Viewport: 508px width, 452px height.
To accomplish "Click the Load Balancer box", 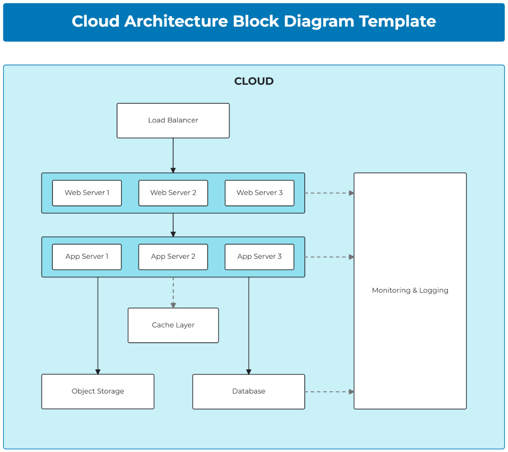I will click(x=173, y=121).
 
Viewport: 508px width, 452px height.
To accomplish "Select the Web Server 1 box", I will click(x=87, y=193).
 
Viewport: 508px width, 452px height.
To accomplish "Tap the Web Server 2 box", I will click(x=173, y=193).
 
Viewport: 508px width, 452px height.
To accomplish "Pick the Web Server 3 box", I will click(x=260, y=193).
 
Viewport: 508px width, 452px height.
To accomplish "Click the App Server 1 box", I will click(x=87, y=257).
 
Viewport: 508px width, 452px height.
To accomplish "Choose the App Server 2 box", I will click(x=173, y=257).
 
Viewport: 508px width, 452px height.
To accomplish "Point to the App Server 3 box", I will click(x=260, y=257).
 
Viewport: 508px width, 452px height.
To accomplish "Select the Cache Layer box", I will click(x=173, y=325).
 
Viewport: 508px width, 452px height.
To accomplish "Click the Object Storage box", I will click(x=98, y=391).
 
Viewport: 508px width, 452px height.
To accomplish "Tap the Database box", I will click(x=248, y=391).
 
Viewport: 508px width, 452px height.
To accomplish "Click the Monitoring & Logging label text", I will click(x=410, y=291).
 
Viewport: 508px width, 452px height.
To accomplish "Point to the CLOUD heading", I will click(x=254, y=81).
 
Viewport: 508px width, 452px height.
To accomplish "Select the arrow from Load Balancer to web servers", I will click(x=173, y=155).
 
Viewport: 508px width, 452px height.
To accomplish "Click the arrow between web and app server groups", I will click(x=173, y=225).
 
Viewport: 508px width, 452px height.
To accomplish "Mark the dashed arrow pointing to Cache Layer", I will click(x=173, y=292).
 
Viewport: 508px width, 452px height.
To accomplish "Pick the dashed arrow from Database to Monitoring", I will click(x=329, y=392).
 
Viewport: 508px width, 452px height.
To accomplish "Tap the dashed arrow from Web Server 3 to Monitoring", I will click(x=329, y=193).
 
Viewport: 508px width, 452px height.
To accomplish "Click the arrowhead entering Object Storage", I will click(x=98, y=372).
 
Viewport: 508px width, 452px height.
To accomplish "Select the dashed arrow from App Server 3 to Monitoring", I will click(x=329, y=257).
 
